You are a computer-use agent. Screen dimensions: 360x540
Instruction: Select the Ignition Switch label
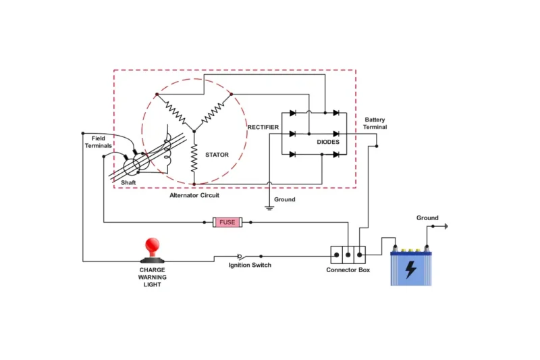click(250, 265)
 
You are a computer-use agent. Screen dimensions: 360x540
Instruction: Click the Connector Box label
click(348, 270)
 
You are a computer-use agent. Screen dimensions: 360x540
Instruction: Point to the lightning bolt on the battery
click(410, 269)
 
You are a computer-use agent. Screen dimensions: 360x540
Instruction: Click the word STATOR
click(217, 155)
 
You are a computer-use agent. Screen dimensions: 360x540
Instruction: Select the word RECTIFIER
click(263, 127)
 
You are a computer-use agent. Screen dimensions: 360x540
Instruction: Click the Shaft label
click(128, 183)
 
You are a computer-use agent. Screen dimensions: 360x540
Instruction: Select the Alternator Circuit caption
click(194, 195)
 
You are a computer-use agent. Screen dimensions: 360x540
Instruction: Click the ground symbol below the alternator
click(269, 207)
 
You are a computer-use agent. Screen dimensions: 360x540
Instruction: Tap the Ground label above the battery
click(427, 218)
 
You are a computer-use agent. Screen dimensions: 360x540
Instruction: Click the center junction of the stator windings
click(194, 128)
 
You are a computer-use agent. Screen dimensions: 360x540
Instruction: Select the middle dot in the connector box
click(348, 255)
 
